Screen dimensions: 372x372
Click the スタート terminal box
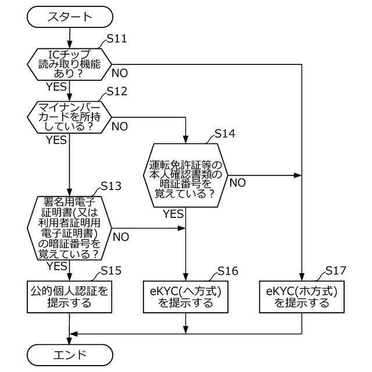tap(70, 17)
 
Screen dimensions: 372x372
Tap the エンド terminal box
tap(70, 355)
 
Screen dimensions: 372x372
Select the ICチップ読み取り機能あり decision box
tap(69, 65)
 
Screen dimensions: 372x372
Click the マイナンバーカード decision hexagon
tap(69, 117)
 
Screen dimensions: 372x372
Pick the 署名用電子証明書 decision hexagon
tap(69, 228)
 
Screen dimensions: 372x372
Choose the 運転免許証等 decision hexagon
tap(185, 176)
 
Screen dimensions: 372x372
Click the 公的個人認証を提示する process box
tap(69, 297)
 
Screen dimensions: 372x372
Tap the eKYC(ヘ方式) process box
tap(185, 297)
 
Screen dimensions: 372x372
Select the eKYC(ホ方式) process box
tap(302, 297)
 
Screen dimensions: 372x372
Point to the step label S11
tap(117, 39)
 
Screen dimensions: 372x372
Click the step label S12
tap(117, 91)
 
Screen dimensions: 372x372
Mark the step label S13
tap(111, 186)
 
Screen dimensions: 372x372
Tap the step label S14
tap(225, 134)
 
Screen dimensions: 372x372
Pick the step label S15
tap(111, 271)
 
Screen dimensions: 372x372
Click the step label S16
tap(228, 271)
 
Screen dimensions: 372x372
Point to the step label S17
tap(335, 270)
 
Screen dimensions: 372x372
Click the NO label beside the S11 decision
tap(120, 73)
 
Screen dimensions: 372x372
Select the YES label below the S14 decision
tap(173, 214)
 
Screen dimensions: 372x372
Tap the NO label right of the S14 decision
tap(238, 183)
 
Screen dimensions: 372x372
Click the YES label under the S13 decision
tap(57, 266)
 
